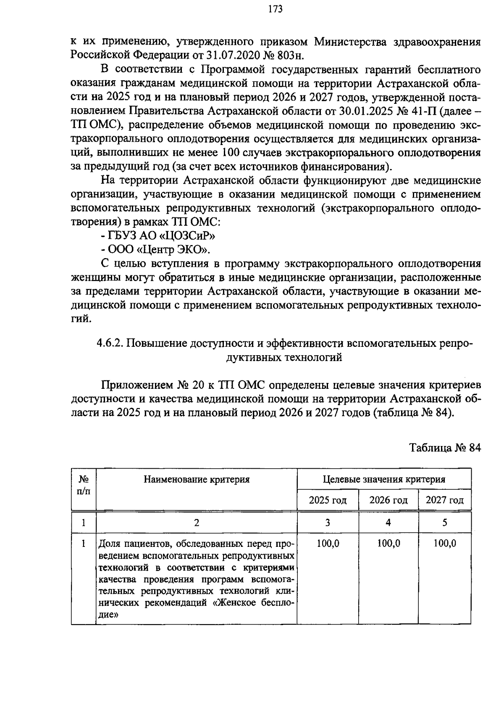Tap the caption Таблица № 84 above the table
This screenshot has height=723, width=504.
point(445,447)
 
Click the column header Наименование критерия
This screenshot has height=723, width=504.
point(197,479)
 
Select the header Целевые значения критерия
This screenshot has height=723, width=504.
point(384,479)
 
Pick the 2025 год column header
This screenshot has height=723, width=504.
point(328,500)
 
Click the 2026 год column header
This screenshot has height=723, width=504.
point(388,500)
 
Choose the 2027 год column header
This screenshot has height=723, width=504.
point(445,500)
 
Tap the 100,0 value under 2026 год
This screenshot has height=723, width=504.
point(388,544)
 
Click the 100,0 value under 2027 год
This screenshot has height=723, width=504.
point(445,544)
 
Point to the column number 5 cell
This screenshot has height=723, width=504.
point(445,522)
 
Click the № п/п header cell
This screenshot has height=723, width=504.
point(84,485)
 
